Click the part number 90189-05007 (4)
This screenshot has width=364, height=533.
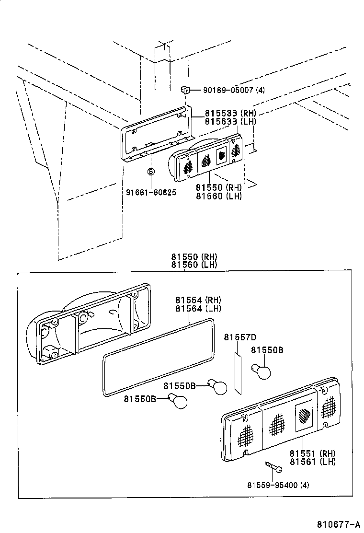coord(234,90)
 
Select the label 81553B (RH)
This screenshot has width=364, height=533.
coord(230,114)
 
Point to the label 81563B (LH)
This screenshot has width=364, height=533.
coord(230,122)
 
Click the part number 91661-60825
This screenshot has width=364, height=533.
coord(151,192)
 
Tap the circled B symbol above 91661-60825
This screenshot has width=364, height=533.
coord(150,172)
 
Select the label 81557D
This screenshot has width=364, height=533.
coord(240,337)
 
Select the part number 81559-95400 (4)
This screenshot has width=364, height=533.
coord(278,485)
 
